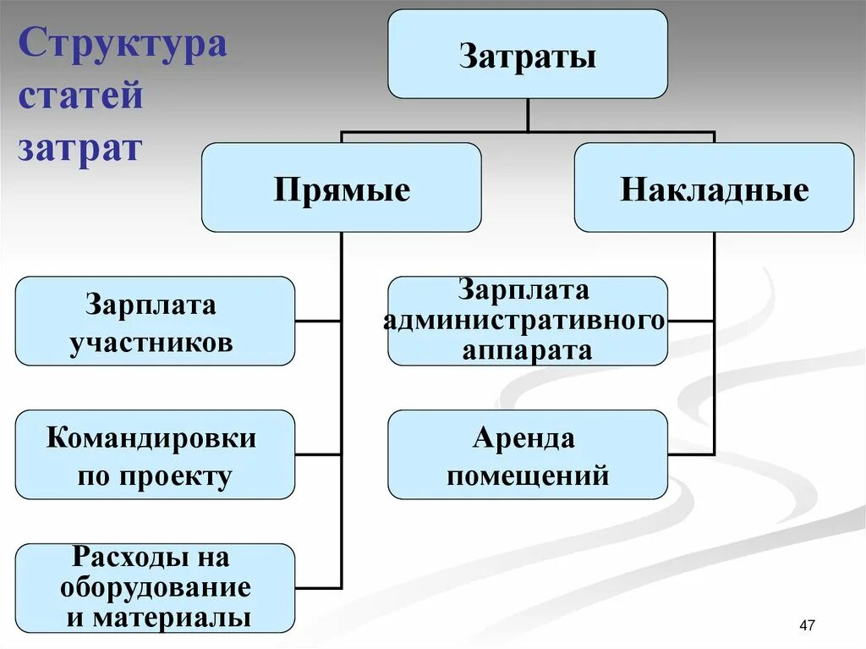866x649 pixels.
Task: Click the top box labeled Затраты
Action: point(527,54)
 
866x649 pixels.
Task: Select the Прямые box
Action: point(341,187)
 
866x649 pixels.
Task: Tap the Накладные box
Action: point(714,187)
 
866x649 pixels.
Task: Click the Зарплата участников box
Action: point(155,321)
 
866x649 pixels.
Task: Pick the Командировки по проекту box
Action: point(155,454)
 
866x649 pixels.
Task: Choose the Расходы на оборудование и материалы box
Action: point(155,588)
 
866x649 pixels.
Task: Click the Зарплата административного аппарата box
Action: point(527,321)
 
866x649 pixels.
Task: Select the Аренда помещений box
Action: point(527,454)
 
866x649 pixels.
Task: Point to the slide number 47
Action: point(806,625)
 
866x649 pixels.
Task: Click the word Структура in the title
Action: point(122,44)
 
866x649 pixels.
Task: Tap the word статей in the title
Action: point(80,96)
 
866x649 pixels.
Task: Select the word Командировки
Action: point(151,438)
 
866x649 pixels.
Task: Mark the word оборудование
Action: point(156,587)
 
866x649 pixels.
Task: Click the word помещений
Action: point(528,476)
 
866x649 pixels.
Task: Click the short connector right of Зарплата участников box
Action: point(318,321)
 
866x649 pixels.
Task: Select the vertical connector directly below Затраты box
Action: point(527,115)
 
